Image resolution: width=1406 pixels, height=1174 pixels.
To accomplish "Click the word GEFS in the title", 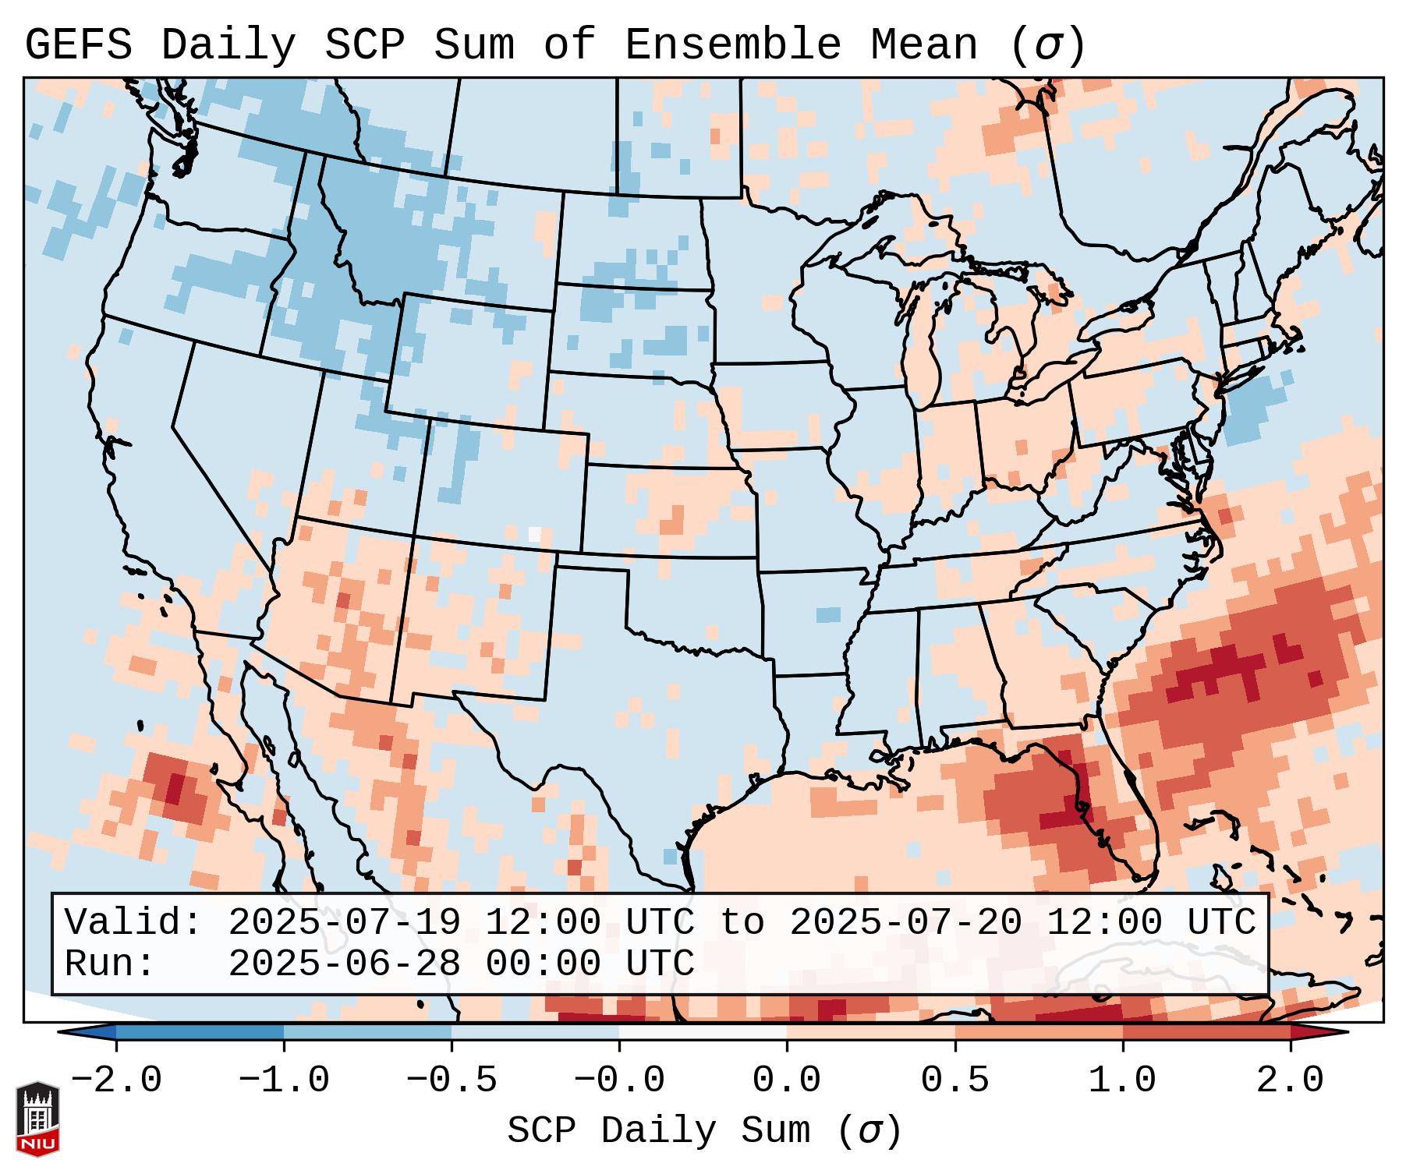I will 79,45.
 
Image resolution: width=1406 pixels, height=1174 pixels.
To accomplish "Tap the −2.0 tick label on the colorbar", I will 116,1080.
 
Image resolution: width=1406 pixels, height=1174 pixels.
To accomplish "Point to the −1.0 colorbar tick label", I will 284,1080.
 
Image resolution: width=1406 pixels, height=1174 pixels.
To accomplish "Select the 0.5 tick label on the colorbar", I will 954,1080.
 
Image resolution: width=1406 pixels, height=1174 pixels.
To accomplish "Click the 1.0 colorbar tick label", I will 1122,1080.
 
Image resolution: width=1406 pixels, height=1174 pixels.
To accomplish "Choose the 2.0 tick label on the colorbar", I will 1290,1080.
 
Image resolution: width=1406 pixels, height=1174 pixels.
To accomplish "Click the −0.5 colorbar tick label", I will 452,1080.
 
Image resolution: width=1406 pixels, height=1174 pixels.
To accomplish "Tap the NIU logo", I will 37,1119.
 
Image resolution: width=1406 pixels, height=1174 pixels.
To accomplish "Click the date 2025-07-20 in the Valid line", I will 906,923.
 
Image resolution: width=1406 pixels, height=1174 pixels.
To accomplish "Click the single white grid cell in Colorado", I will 534,534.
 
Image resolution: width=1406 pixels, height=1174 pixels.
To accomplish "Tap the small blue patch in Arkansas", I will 828,614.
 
